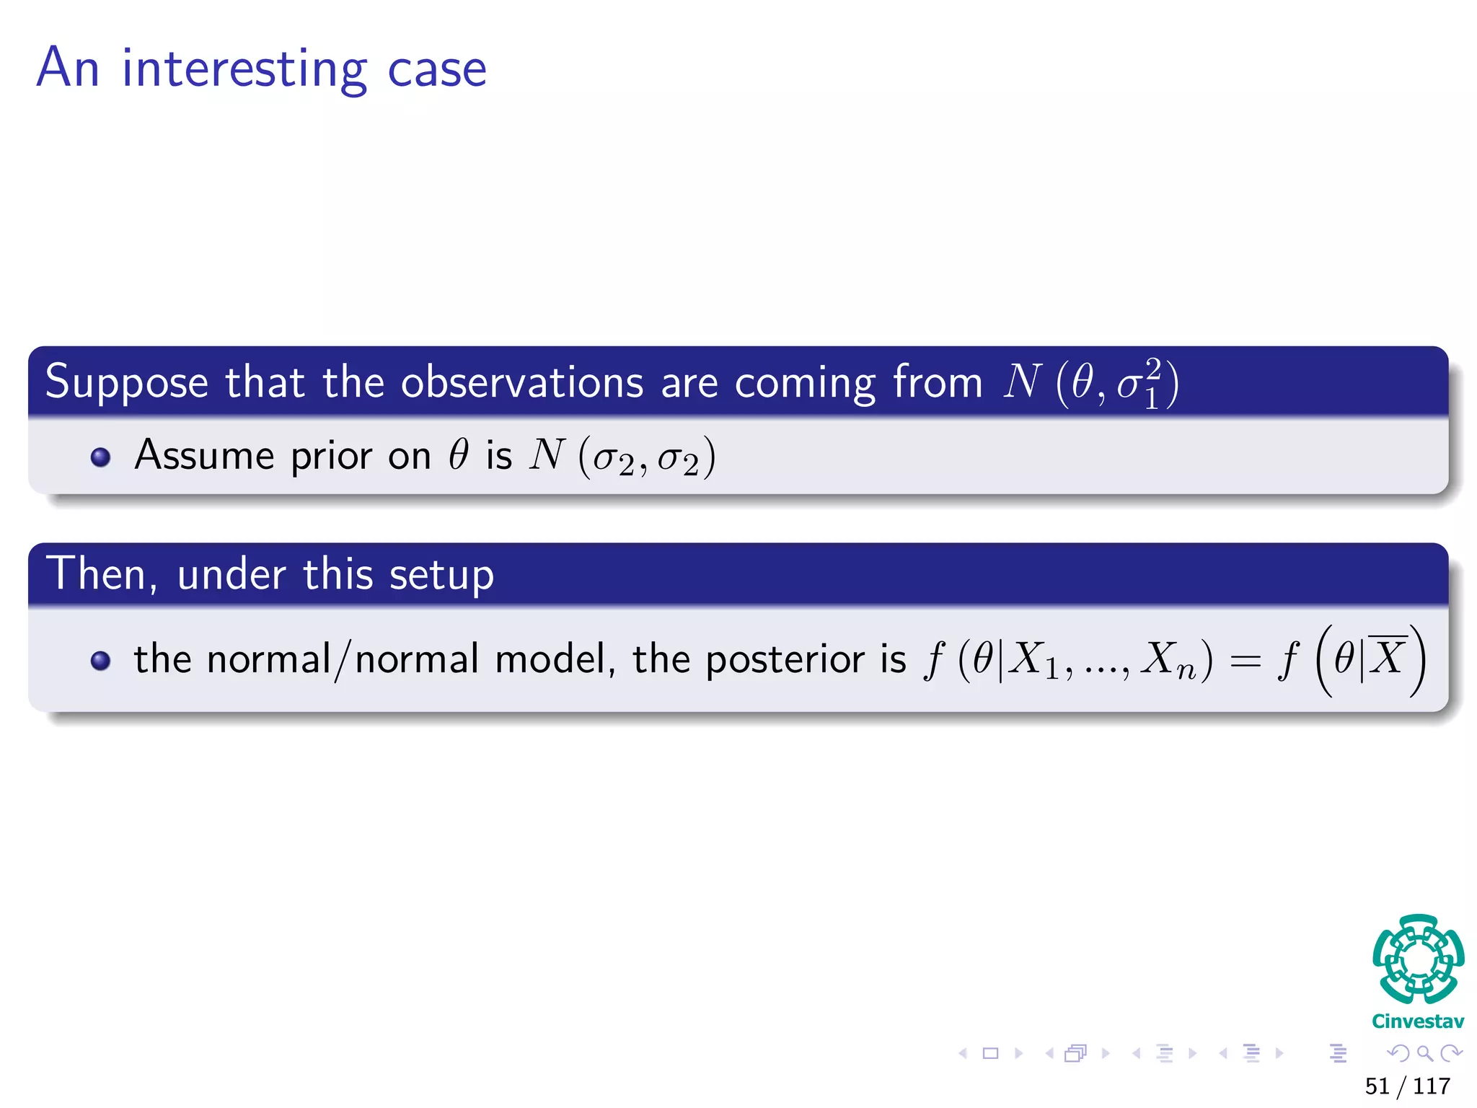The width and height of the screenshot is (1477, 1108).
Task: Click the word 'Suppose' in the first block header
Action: (x=126, y=382)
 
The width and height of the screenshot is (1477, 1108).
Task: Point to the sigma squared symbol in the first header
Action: (x=1139, y=384)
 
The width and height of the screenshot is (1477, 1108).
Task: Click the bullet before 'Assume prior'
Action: (x=101, y=457)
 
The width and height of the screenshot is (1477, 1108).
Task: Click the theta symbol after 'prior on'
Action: (x=459, y=455)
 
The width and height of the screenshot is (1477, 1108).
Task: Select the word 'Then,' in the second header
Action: (x=102, y=574)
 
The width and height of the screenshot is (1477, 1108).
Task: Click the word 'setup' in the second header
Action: (x=441, y=576)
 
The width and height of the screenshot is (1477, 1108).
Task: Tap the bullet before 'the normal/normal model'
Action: (x=101, y=660)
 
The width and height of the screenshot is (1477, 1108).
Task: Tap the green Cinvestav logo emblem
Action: (x=1418, y=959)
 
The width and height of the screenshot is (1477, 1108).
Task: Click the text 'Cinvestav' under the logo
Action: (x=1418, y=1021)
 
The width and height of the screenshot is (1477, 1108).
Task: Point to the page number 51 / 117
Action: (x=1407, y=1086)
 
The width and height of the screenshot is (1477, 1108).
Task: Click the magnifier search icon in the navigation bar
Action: (x=1424, y=1053)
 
